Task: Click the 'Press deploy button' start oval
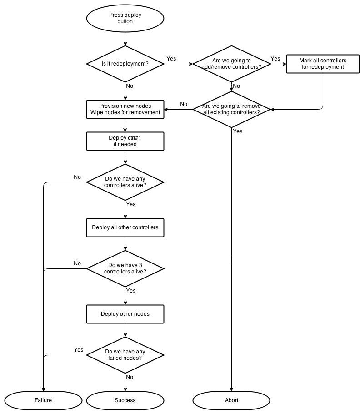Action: pos(125,18)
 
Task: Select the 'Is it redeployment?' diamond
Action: pos(125,64)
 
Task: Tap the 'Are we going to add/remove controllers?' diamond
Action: pos(232,64)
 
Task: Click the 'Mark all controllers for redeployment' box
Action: pos(323,64)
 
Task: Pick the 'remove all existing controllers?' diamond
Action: pos(232,109)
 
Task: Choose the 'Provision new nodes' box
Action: pos(125,109)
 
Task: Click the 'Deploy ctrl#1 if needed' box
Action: pos(125,141)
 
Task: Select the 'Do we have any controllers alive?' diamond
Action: pos(125,182)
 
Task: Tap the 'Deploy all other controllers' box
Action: pos(125,227)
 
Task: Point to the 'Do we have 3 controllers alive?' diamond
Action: pos(125,268)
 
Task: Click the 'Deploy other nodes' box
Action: pos(125,314)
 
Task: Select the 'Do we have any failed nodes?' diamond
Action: pos(125,355)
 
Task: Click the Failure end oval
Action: pos(43,400)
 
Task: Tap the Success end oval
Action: pos(125,400)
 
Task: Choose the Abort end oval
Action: pos(232,400)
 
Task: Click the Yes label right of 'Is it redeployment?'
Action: pos(171,59)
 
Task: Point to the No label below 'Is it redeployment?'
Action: pos(130,86)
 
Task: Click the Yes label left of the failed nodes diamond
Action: pos(79,350)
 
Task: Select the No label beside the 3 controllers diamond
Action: pos(77,263)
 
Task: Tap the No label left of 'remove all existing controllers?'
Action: pos(184,104)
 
